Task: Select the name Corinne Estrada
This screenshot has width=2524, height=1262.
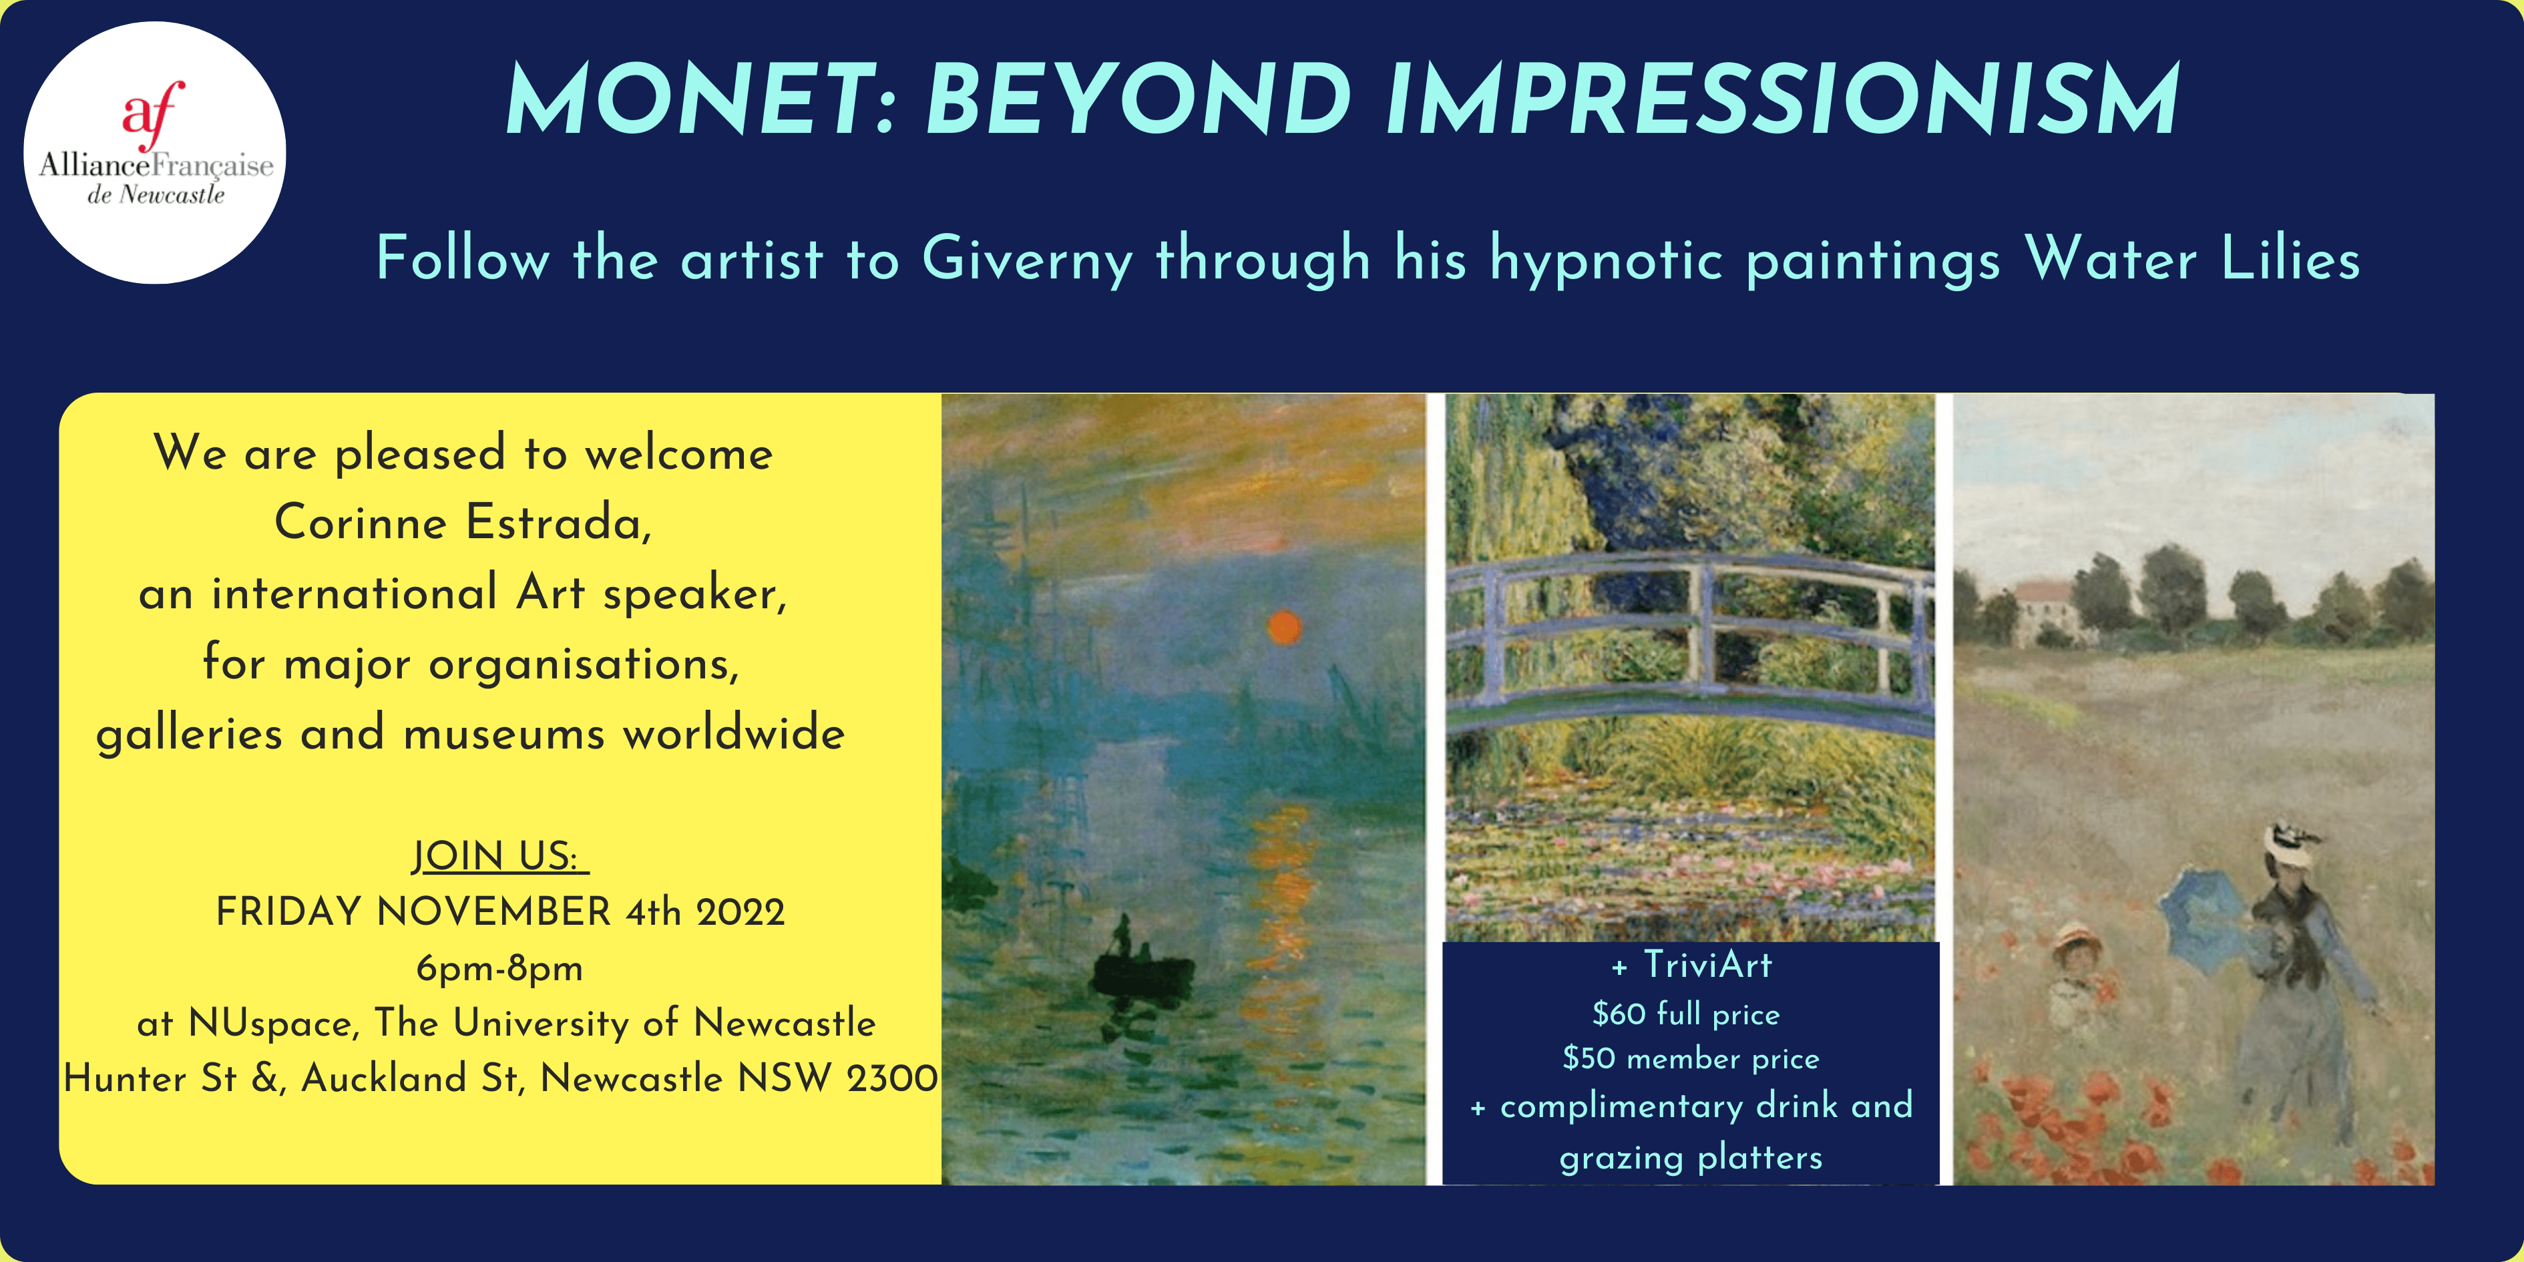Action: tap(463, 521)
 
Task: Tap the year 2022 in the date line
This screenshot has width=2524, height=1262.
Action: tap(740, 912)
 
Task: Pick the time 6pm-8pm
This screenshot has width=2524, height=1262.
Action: tap(499, 968)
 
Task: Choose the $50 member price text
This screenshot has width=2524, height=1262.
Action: tap(1690, 1058)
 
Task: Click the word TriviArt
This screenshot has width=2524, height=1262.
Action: tap(1707, 964)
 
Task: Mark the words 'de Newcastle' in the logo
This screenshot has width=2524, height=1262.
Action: tap(156, 195)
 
